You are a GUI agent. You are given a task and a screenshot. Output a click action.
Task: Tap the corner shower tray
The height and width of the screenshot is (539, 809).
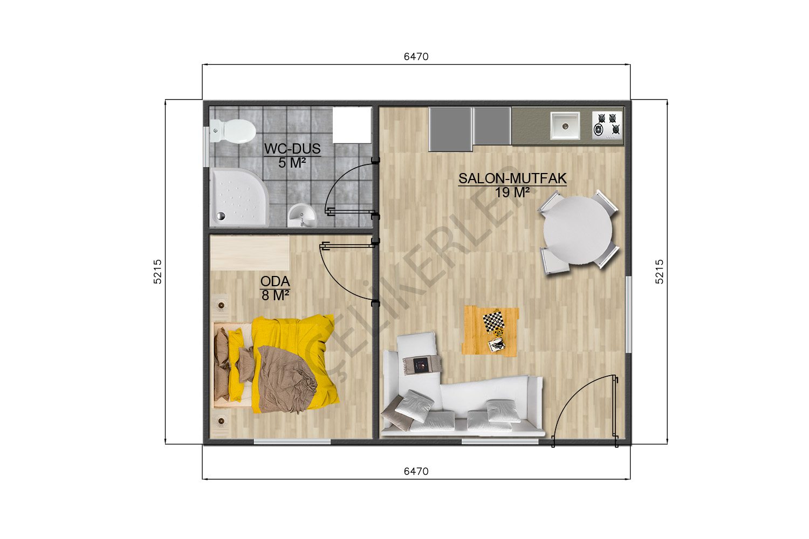point(239,197)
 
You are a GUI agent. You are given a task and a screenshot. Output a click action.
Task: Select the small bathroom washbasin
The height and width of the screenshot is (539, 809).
point(301,215)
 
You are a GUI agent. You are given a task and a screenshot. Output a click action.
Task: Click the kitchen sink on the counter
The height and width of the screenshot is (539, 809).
point(565,126)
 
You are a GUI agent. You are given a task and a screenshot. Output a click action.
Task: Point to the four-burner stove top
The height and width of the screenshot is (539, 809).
point(607,125)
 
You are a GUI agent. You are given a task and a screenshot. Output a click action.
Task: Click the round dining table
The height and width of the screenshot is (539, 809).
point(578,230)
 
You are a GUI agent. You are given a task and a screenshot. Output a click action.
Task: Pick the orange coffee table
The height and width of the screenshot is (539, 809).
point(490,331)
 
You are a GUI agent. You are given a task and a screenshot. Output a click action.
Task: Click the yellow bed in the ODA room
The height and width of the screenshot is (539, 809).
point(276,364)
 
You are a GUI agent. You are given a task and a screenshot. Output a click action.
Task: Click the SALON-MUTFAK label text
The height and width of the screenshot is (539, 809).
point(512,178)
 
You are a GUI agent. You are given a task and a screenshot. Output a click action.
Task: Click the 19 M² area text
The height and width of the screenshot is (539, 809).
point(512,193)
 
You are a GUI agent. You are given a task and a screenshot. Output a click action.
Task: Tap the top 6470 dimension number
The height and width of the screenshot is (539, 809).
point(416,57)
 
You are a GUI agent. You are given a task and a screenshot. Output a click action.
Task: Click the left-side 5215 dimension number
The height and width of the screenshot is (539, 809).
point(157,272)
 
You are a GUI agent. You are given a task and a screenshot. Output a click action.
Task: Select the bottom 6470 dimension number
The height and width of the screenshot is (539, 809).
point(416,471)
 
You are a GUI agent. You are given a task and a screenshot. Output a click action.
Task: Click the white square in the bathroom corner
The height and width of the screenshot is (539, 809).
point(352,125)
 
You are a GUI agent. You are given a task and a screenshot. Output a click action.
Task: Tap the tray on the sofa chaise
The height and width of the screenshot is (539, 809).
point(422,364)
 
